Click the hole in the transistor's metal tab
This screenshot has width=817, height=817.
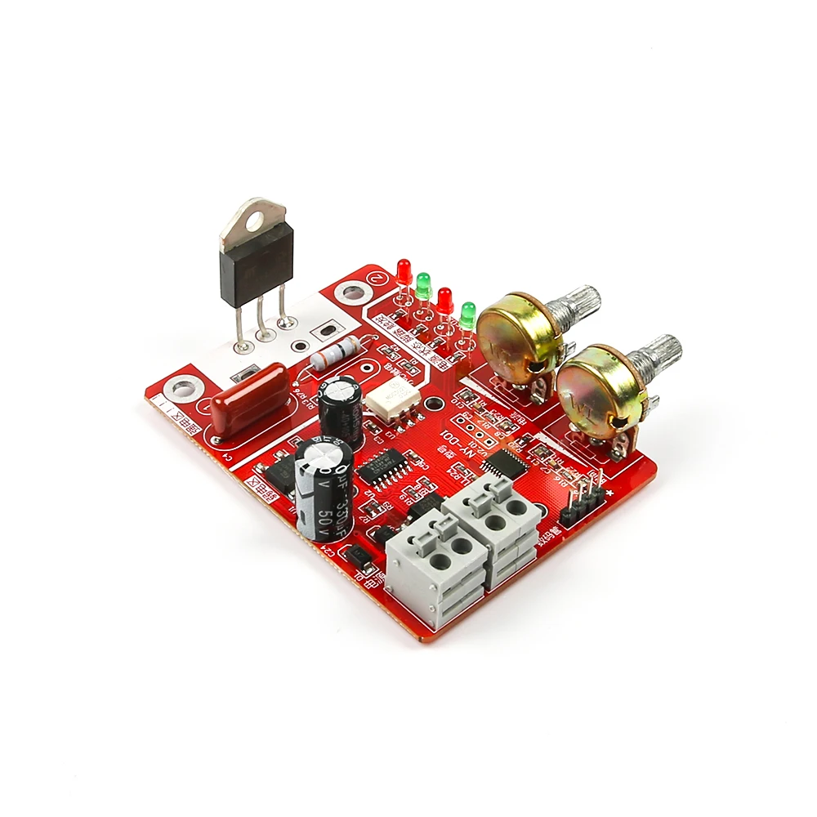[254, 217]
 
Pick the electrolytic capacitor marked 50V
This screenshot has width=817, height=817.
[324, 489]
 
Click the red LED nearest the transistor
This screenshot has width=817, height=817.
[404, 272]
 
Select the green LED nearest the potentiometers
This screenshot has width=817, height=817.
[467, 315]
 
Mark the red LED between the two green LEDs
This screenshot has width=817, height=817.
[444, 300]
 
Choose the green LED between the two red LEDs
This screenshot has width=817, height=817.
[423, 286]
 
